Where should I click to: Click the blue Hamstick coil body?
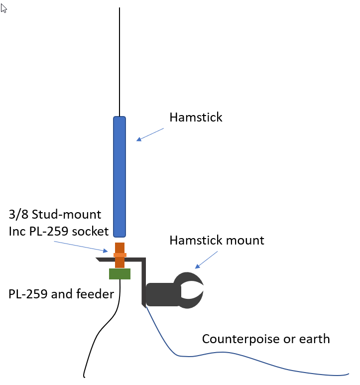(x=120, y=177)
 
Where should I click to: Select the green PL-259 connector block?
(x=120, y=274)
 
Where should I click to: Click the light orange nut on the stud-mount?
(x=120, y=255)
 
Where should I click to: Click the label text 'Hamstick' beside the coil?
(x=196, y=118)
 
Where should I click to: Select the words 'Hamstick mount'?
(x=217, y=240)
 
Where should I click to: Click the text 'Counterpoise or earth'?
(x=265, y=339)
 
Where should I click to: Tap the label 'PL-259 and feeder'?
(x=61, y=294)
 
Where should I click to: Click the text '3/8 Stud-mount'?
(x=55, y=215)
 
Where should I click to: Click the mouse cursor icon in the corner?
(x=4, y=8)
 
